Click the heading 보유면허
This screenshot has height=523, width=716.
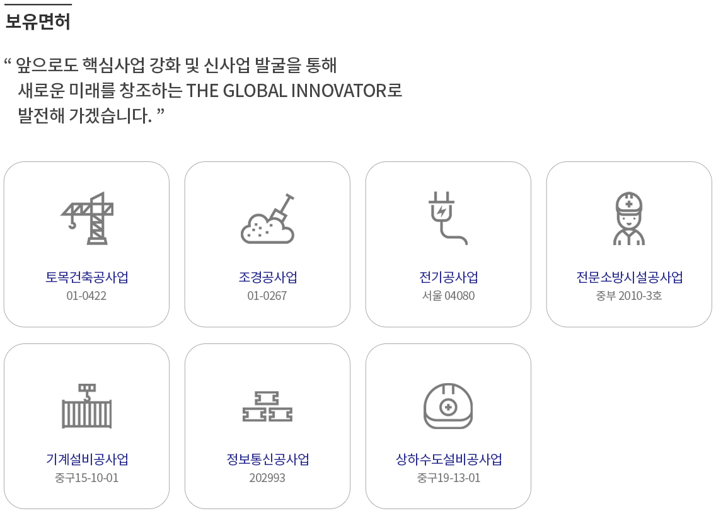click(x=37, y=21)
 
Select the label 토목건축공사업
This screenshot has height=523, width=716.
click(x=87, y=277)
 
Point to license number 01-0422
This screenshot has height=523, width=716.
click(x=86, y=296)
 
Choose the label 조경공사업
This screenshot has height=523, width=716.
click(x=268, y=277)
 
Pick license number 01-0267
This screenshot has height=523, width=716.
click(x=267, y=296)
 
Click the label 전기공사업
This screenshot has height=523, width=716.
click(x=448, y=277)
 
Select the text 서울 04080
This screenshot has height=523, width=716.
click(x=448, y=296)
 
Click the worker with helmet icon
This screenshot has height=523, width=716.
click(x=629, y=218)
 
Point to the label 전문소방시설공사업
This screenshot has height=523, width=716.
click(x=629, y=277)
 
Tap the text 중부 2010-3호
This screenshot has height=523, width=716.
click(x=629, y=296)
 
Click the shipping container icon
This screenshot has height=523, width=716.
click(x=87, y=406)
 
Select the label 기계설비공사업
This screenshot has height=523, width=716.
click(x=87, y=459)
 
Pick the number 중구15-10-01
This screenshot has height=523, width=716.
click(x=86, y=478)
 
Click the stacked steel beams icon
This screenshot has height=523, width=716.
click(x=268, y=406)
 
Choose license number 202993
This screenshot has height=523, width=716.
click(x=267, y=478)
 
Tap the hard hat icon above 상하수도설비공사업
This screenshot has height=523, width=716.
click(x=448, y=406)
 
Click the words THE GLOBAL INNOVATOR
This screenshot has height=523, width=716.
click(x=286, y=90)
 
